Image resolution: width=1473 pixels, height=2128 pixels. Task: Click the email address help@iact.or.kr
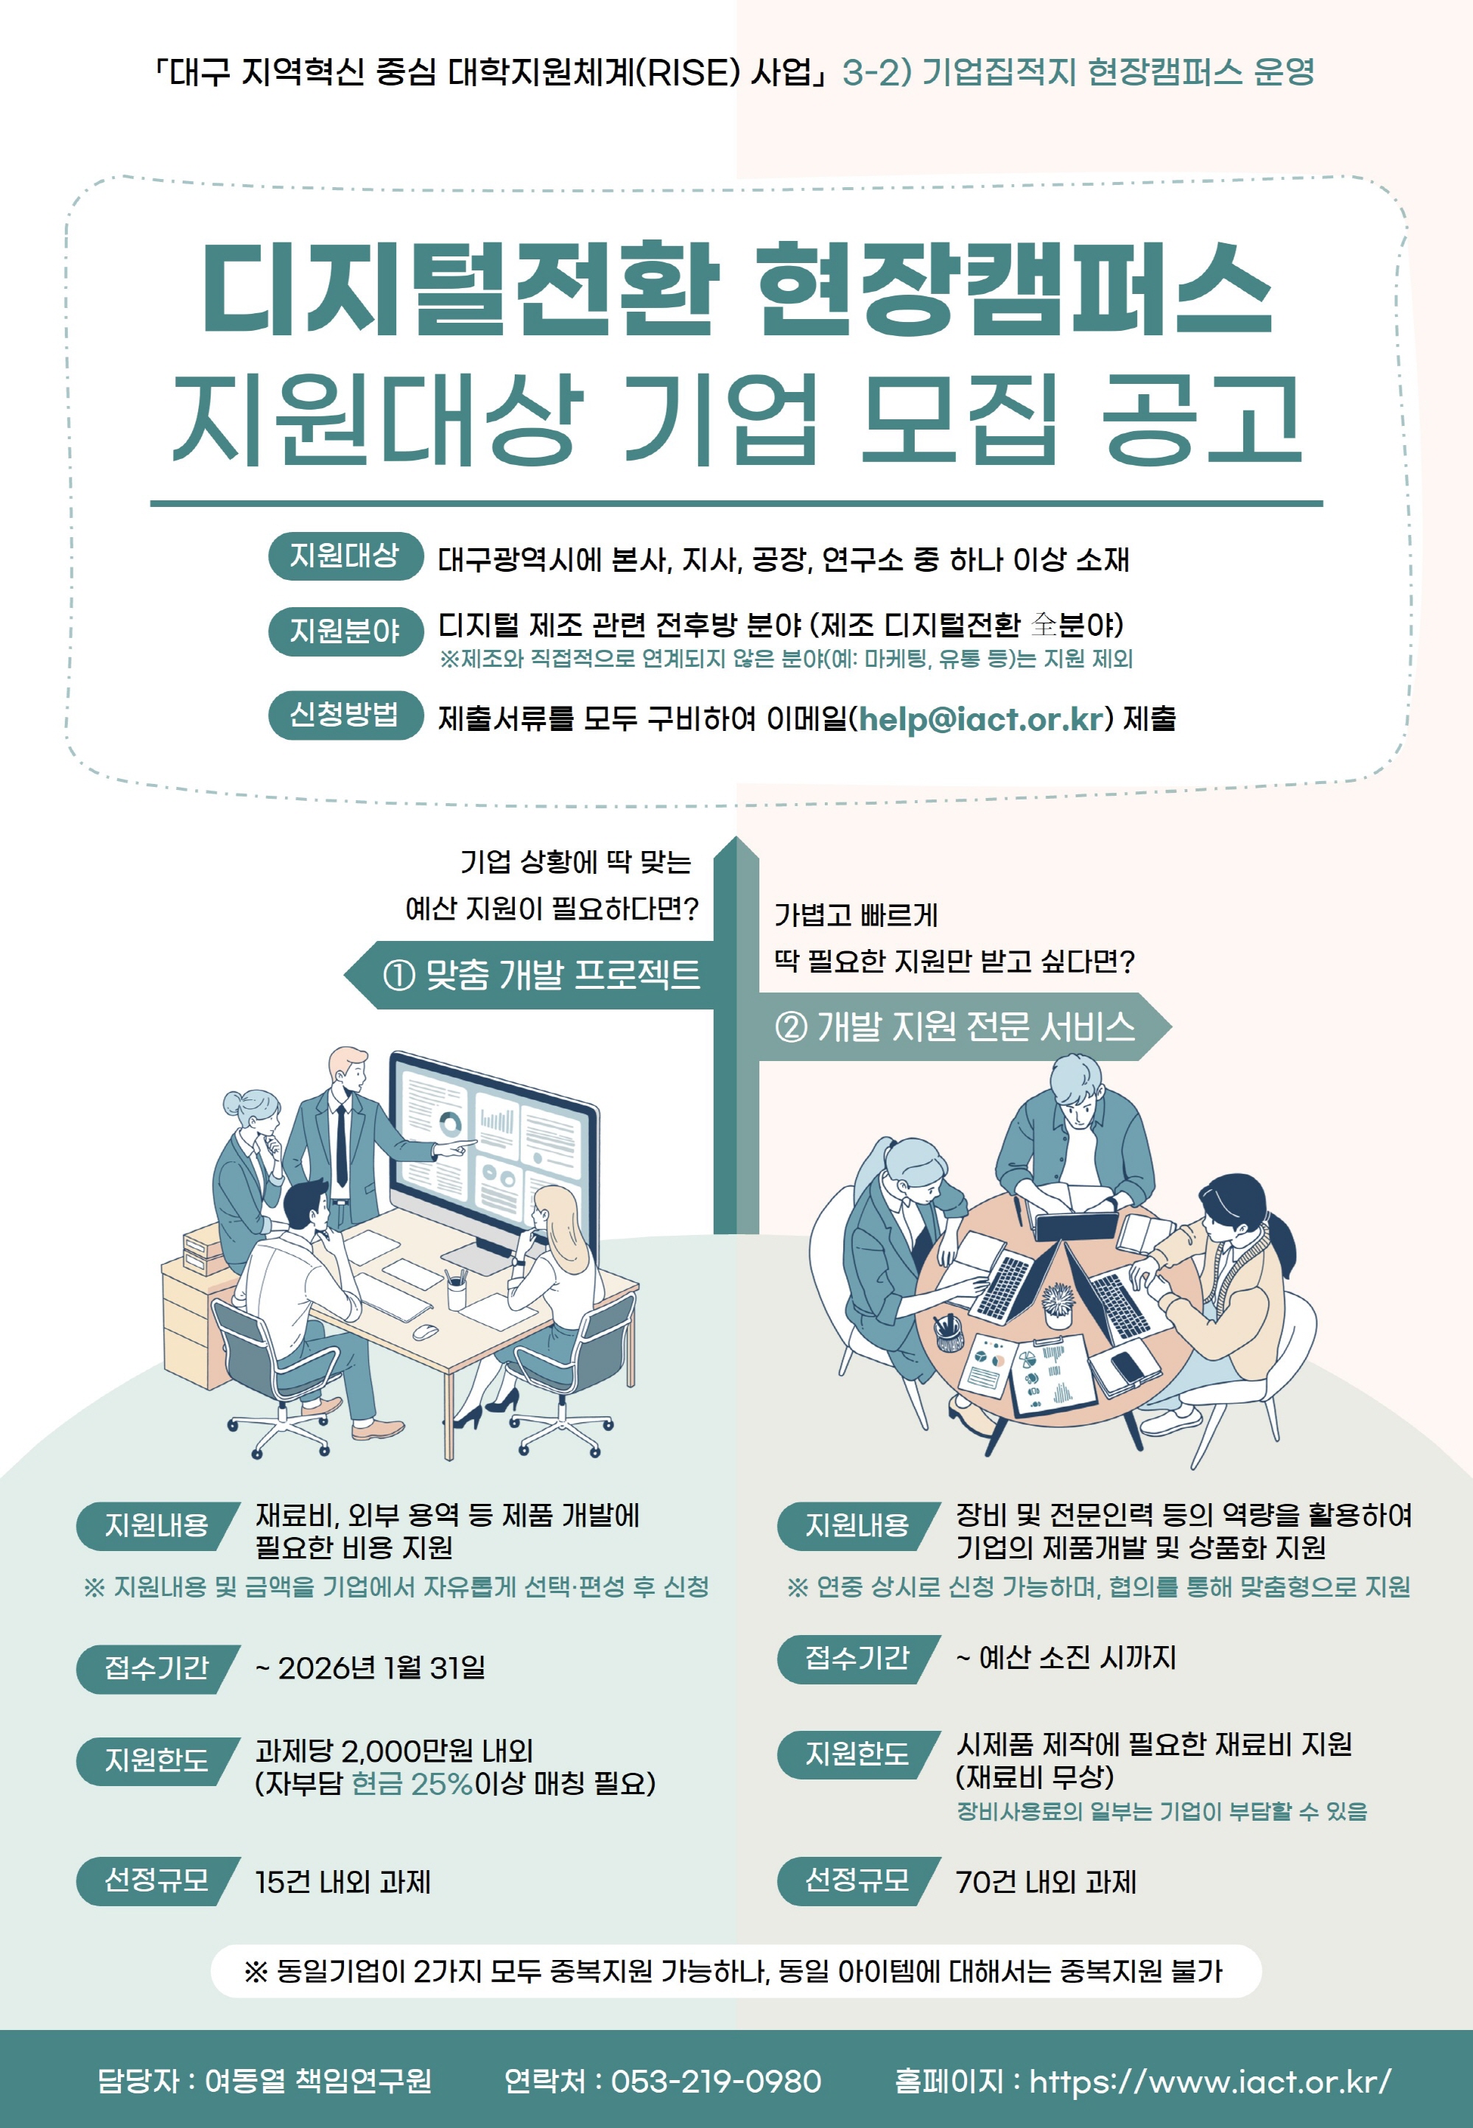tap(982, 719)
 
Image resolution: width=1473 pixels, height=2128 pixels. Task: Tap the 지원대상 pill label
tap(345, 556)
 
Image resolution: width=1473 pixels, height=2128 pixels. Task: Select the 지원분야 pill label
tap(345, 631)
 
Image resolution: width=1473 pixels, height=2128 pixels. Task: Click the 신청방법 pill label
tap(345, 715)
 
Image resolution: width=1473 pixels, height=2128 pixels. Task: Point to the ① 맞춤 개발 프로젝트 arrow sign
tap(530, 975)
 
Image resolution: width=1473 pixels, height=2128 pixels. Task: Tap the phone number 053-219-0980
tap(716, 2081)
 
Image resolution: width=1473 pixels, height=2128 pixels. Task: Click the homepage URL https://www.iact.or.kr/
tap(1210, 2081)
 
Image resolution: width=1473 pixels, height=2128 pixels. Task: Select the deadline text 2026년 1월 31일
tap(382, 1667)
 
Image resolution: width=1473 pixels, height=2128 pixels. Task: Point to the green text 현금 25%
tap(412, 1782)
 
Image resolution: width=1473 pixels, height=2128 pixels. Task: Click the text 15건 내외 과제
tap(343, 1881)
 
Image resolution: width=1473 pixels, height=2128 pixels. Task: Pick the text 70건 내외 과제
tap(1047, 1881)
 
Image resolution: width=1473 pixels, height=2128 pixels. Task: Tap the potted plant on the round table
tap(1058, 1304)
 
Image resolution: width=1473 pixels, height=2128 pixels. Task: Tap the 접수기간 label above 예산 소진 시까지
tap(858, 1657)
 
